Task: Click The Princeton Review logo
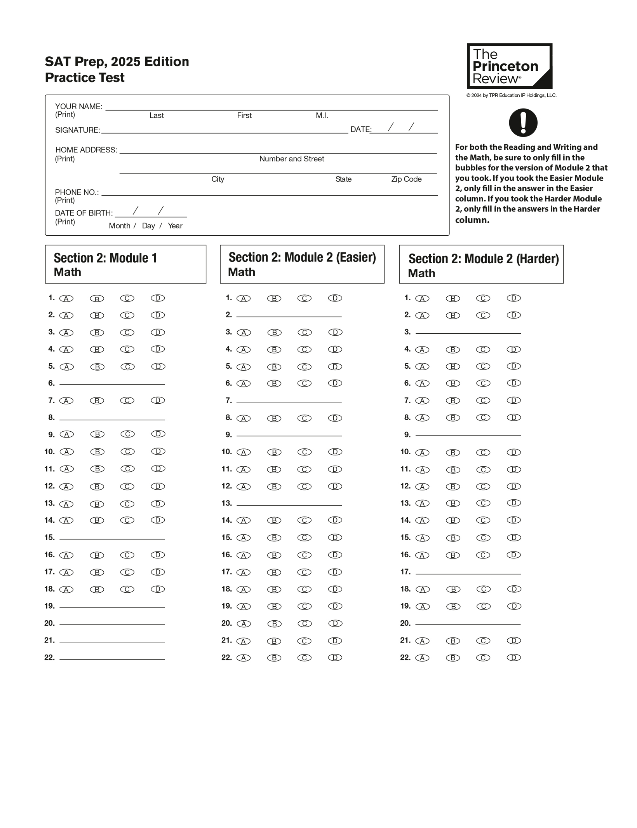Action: pyautogui.click(x=509, y=66)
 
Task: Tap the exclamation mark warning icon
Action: pyautogui.click(x=523, y=123)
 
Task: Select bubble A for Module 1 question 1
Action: pyautogui.click(x=66, y=298)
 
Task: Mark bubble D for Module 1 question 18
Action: pyautogui.click(x=158, y=589)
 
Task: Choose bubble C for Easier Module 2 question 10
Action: pyautogui.click(x=305, y=452)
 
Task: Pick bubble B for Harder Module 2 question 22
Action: pyautogui.click(x=453, y=658)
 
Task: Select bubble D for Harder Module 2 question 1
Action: pyautogui.click(x=513, y=298)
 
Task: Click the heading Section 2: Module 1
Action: pyautogui.click(x=105, y=258)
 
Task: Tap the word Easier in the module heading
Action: pyautogui.click(x=356, y=257)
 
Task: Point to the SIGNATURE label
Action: pyautogui.click(x=77, y=130)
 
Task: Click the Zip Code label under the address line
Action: pyautogui.click(x=406, y=179)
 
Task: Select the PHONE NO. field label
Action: pyautogui.click(x=77, y=192)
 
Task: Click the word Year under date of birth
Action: pyautogui.click(x=175, y=226)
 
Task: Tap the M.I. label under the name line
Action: pyautogui.click(x=322, y=116)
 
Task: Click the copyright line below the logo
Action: pyautogui.click(x=511, y=95)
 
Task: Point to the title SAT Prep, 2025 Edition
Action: pyautogui.click(x=117, y=61)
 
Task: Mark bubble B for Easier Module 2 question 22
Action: pyautogui.click(x=274, y=658)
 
